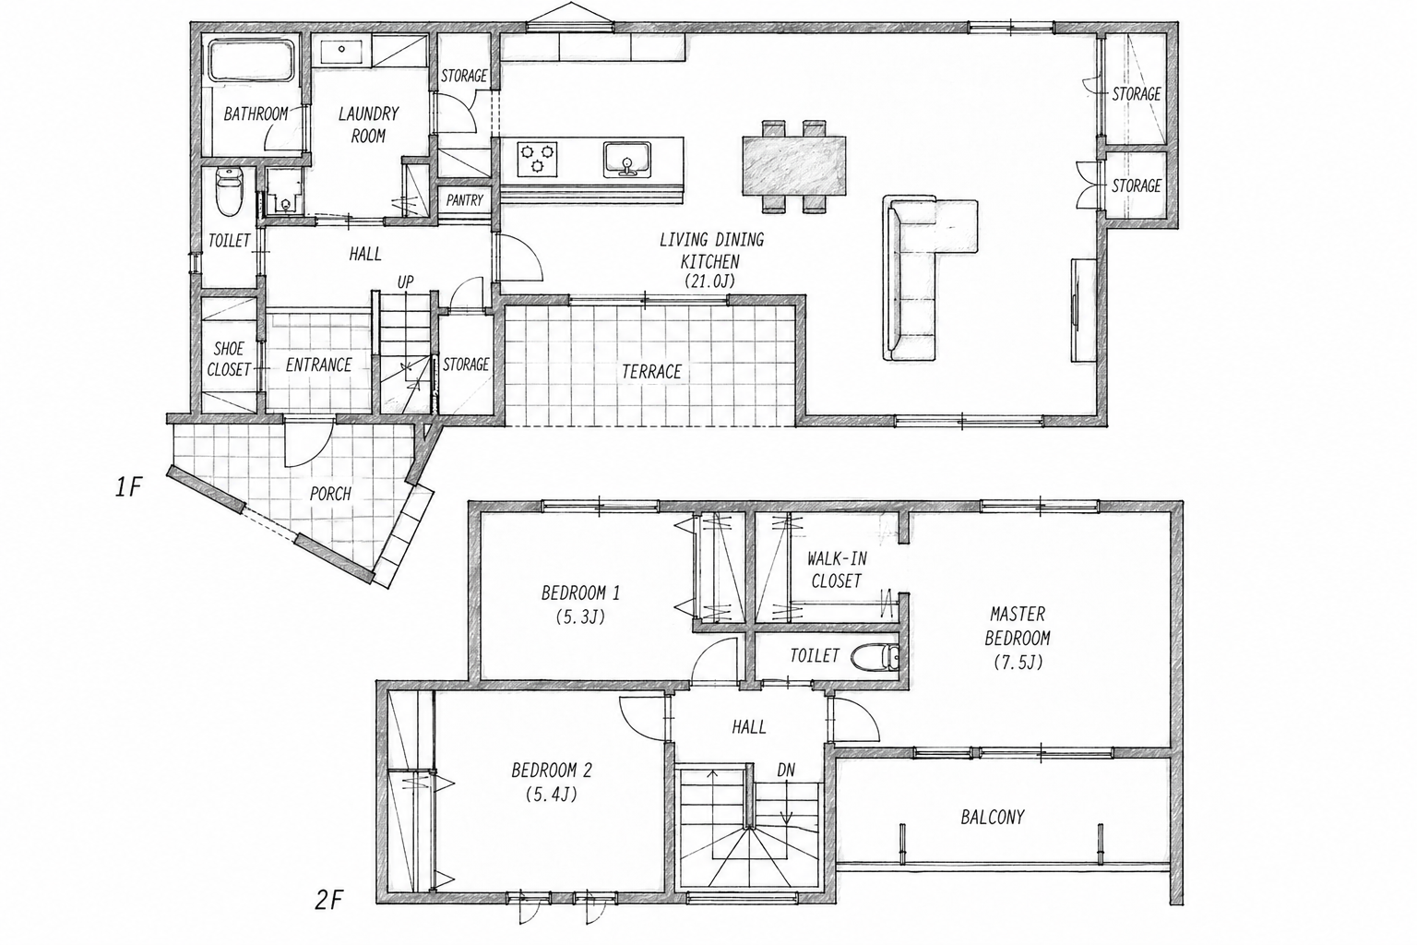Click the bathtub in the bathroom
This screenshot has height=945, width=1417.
pyautogui.click(x=253, y=61)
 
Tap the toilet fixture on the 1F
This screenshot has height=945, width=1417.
pyautogui.click(x=229, y=191)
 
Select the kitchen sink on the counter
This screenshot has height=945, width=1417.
pyautogui.click(x=626, y=160)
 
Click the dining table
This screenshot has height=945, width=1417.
pyautogui.click(x=794, y=165)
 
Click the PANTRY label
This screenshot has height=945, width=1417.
pyautogui.click(x=464, y=200)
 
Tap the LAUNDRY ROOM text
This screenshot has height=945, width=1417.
pyautogui.click(x=368, y=125)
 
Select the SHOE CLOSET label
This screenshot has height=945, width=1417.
pyautogui.click(x=229, y=359)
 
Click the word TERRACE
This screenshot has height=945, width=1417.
pyautogui.click(x=651, y=372)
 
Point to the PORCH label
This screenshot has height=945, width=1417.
pyautogui.click(x=330, y=494)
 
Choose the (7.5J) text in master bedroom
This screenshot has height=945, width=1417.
pyautogui.click(x=1018, y=662)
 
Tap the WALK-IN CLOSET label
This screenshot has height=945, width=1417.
pyautogui.click(x=837, y=569)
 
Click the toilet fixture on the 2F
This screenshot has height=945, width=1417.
pyautogui.click(x=875, y=657)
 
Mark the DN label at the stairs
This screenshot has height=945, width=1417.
pyautogui.click(x=786, y=770)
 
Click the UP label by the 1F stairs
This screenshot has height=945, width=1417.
pyautogui.click(x=406, y=281)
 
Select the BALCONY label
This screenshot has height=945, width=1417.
pyautogui.click(x=992, y=817)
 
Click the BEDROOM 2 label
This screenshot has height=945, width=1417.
pyautogui.click(x=552, y=771)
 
